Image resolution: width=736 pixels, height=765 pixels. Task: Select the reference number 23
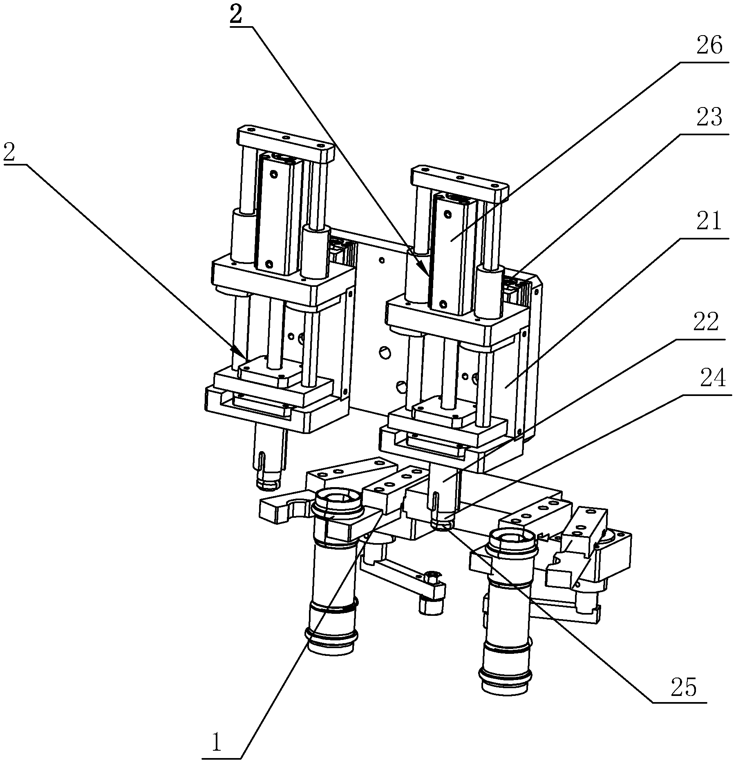pos(709,117)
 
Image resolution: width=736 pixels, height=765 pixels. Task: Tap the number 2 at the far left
pos(9,153)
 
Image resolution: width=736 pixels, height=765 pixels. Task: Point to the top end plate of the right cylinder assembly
pos(460,184)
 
